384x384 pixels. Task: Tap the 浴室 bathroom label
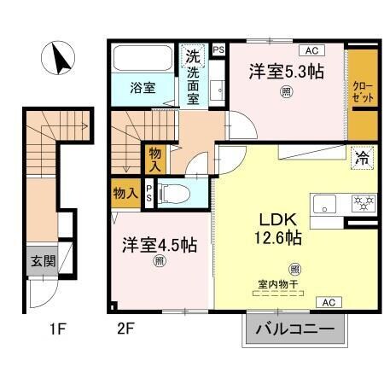[142, 87]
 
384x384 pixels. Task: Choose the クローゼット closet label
[362, 92]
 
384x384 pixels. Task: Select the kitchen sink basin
[327, 204]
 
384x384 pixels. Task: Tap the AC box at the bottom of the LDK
[328, 302]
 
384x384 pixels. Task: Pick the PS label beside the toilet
[149, 193]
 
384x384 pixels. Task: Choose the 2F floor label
[125, 326]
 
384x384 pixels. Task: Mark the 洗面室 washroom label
[193, 79]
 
